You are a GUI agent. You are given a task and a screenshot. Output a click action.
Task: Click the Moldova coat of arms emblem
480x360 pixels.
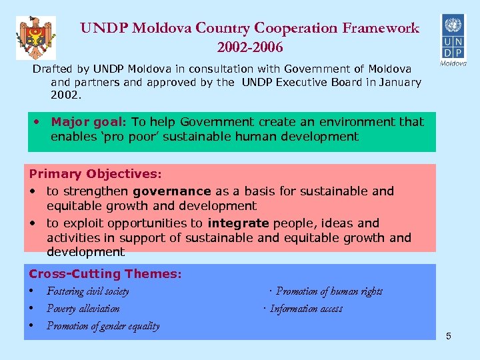pyautogui.click(x=36, y=38)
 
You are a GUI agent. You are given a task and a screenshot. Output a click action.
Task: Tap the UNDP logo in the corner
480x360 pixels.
pyautogui.click(x=453, y=39)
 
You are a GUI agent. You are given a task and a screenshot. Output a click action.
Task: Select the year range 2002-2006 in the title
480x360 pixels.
pyautogui.click(x=250, y=47)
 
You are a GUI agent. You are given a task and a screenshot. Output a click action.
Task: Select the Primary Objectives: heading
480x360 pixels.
pyautogui.click(x=95, y=174)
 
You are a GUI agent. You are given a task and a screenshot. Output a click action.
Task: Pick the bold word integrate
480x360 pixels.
pyautogui.click(x=238, y=223)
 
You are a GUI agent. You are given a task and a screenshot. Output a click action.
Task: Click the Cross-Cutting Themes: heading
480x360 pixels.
pyautogui.click(x=105, y=274)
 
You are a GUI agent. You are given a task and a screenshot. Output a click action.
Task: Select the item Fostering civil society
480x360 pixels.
pyautogui.click(x=88, y=291)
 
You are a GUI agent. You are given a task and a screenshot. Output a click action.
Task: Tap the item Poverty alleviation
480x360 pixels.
pyautogui.click(x=83, y=309)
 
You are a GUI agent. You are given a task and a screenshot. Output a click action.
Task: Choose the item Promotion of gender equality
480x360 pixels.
pyautogui.click(x=103, y=326)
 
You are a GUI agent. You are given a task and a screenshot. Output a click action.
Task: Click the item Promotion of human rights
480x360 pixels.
pyautogui.click(x=329, y=291)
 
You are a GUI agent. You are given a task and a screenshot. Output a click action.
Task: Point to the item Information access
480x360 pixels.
pyautogui.click(x=306, y=309)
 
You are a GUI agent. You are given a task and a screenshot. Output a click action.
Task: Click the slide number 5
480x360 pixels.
pyautogui.click(x=449, y=336)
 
